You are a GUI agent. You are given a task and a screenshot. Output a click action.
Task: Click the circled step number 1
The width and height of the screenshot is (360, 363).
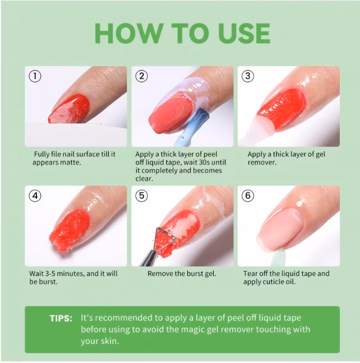point(35,77)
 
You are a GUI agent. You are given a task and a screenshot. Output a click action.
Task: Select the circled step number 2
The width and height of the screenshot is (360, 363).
point(142,77)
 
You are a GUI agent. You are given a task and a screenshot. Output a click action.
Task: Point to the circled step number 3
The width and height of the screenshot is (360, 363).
point(248,77)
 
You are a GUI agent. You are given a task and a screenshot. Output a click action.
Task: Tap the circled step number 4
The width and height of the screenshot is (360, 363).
point(35,196)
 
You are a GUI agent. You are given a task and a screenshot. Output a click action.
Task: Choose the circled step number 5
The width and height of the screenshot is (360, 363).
point(142,196)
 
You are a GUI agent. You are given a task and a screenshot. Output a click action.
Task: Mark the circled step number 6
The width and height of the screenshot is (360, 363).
point(248,196)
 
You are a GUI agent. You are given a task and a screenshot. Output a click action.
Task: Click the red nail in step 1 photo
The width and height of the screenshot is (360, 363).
point(70,108)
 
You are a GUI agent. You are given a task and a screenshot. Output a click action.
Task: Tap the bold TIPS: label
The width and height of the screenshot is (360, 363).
point(61,318)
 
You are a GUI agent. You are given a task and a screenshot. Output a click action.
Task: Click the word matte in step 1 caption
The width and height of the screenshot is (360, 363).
point(71,162)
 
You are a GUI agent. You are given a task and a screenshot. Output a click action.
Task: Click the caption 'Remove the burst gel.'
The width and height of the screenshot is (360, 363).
point(182,274)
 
